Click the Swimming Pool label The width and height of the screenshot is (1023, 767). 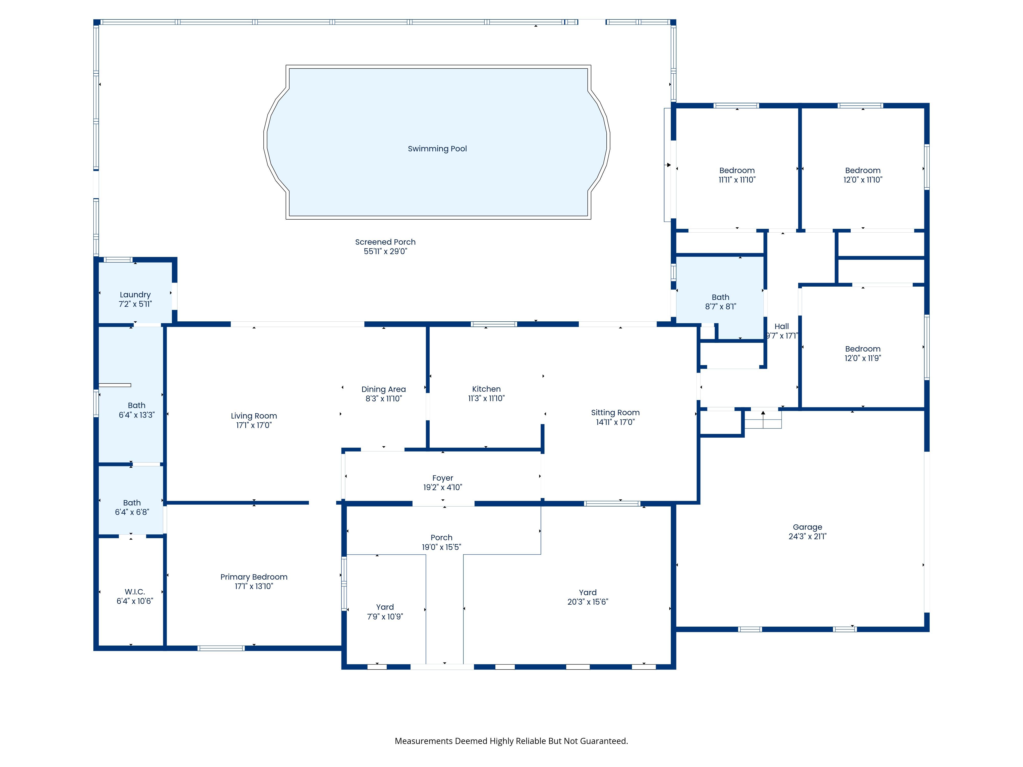point(437,149)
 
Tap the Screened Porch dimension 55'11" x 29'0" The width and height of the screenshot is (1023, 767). point(385,252)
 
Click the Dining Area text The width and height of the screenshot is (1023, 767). point(383,389)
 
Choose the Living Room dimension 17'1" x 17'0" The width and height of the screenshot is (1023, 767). point(254,425)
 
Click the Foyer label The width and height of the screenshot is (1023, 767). point(443,478)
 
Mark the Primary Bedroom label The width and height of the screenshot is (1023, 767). point(254,577)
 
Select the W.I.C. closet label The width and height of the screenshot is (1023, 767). point(135,592)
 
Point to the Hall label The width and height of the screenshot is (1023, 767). point(782,326)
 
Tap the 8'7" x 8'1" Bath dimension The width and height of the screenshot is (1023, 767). point(720,307)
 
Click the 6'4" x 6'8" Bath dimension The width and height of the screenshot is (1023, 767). point(132,512)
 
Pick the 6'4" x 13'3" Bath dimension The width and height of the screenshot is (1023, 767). point(136,415)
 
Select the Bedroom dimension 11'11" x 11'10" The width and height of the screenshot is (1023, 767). point(737,180)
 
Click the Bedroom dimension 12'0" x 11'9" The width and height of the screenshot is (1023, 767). point(863,358)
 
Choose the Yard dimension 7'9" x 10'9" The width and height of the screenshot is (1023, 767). point(385,617)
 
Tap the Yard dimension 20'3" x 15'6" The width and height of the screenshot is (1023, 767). point(588,602)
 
